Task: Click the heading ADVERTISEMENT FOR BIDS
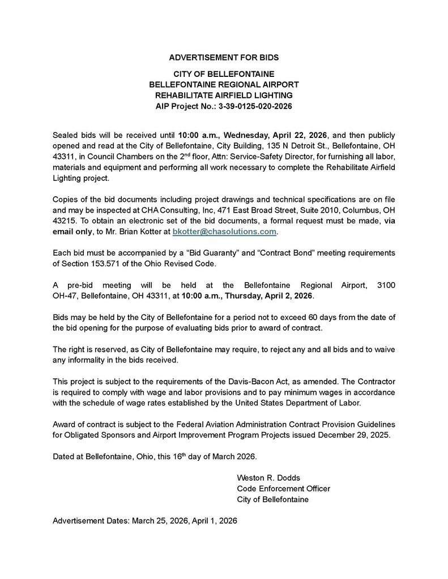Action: pyautogui.click(x=224, y=58)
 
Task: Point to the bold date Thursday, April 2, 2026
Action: pyautogui.click(x=271, y=296)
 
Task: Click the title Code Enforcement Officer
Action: pyautogui.click(x=283, y=489)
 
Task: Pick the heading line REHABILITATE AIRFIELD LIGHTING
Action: pyautogui.click(x=224, y=95)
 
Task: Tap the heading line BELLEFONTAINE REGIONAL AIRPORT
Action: pyautogui.click(x=224, y=84)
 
